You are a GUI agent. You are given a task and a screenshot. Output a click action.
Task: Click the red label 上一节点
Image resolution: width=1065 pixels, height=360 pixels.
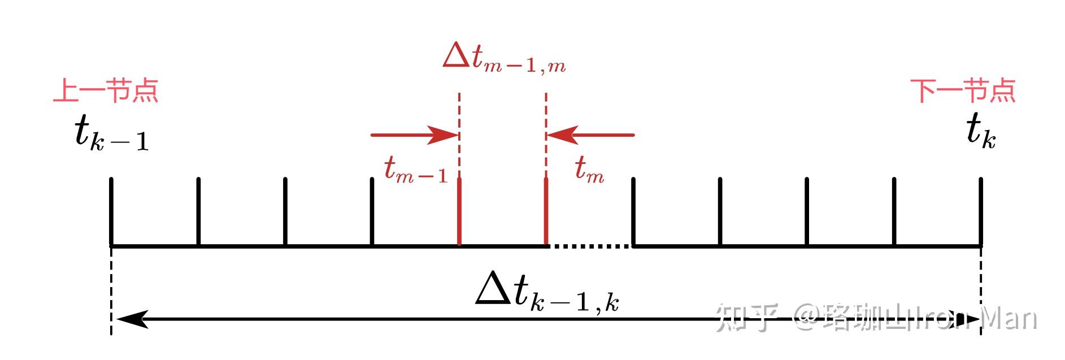click(x=106, y=90)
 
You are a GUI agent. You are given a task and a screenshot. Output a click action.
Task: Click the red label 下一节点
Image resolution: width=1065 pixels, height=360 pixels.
click(x=963, y=90)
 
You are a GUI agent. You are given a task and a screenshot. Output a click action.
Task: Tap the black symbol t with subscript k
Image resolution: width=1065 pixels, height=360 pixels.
click(x=980, y=132)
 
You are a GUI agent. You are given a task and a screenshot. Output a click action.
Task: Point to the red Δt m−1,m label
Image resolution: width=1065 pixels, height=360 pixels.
click(x=504, y=58)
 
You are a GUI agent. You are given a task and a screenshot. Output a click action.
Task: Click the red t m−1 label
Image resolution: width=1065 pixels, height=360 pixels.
click(x=416, y=169)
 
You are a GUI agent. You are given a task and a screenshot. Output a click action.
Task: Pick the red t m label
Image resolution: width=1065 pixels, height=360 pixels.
click(x=589, y=169)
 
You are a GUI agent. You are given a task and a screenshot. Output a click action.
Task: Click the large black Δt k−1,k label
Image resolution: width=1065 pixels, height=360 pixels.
click(x=547, y=293)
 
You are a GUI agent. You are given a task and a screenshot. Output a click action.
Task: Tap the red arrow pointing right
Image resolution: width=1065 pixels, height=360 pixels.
click(x=414, y=135)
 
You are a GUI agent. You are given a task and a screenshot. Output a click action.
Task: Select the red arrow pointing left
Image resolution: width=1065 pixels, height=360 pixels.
click(x=590, y=135)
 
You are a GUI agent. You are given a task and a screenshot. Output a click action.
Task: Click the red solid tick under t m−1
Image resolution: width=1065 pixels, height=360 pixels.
click(x=459, y=212)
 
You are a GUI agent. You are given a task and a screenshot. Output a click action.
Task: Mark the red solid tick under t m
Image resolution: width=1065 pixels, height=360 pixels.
click(x=546, y=212)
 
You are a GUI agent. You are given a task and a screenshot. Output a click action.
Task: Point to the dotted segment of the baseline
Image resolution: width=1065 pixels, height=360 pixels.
click(x=589, y=246)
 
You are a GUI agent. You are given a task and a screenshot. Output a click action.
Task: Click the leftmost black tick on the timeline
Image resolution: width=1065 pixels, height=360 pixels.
click(x=111, y=212)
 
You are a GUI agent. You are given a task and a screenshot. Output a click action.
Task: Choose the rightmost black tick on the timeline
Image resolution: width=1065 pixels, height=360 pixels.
click(x=981, y=212)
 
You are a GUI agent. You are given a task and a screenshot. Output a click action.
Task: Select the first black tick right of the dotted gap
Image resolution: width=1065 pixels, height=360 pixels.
click(x=633, y=212)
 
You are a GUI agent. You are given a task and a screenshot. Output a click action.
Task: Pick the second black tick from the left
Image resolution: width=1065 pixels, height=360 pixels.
click(x=198, y=212)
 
